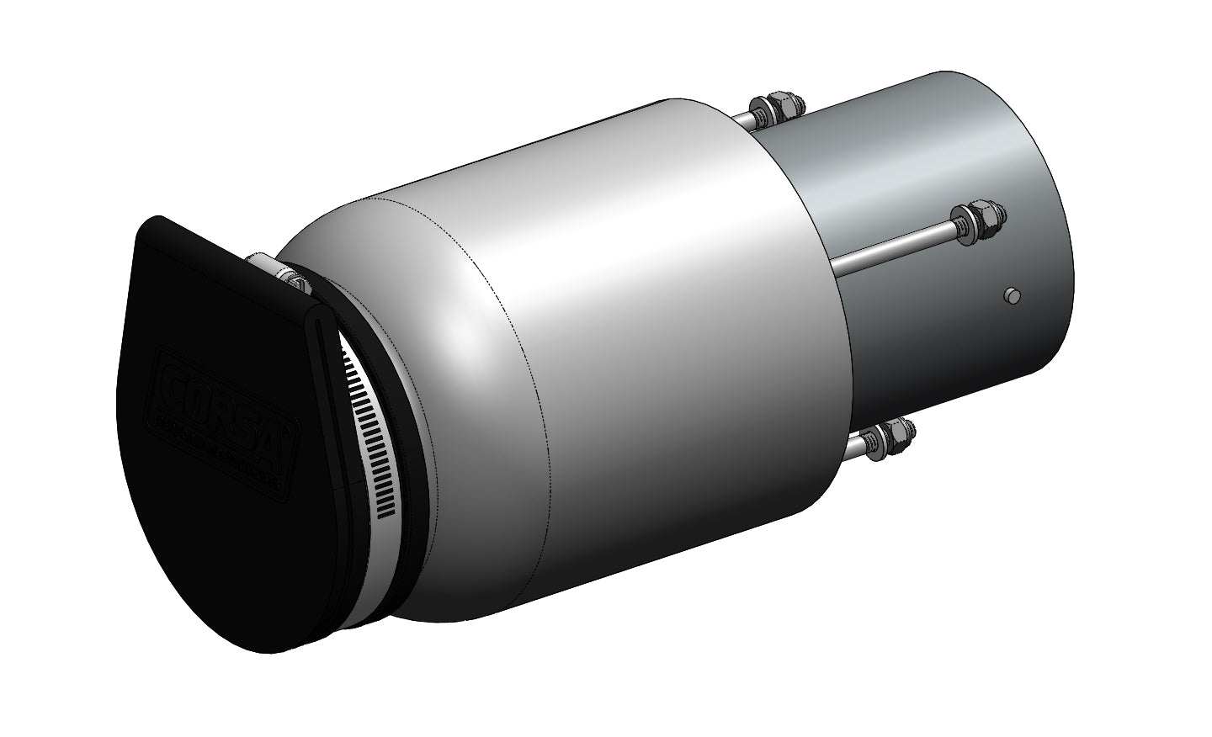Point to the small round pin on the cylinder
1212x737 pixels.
[1012, 294]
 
